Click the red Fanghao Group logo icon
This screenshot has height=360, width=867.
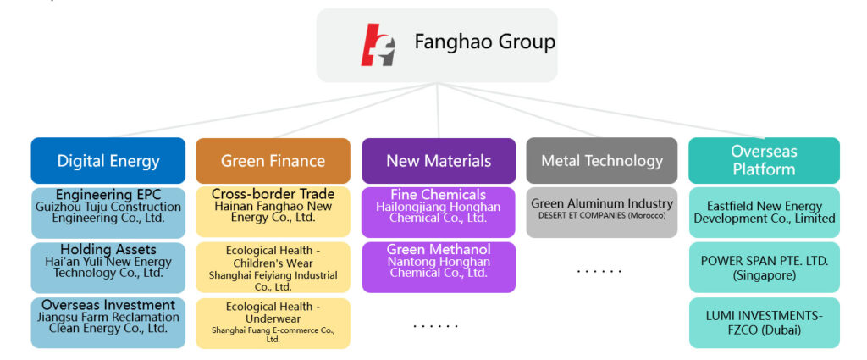[x=378, y=44]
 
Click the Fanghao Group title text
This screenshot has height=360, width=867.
[x=484, y=42]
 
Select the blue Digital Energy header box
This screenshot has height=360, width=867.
[x=108, y=161]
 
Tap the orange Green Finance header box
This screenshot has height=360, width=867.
[x=273, y=161]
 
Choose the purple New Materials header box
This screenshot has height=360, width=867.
[x=439, y=161]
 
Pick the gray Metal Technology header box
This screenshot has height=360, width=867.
[x=602, y=161]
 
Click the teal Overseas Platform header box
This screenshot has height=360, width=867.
[x=764, y=161]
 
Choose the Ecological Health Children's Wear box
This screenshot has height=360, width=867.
[x=273, y=267]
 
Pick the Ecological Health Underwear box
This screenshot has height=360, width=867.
[x=273, y=322]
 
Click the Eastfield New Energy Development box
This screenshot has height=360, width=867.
[x=764, y=212]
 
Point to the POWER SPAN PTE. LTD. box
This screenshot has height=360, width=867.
[x=764, y=267]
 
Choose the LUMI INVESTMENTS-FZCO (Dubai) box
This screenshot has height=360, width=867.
[x=764, y=322]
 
